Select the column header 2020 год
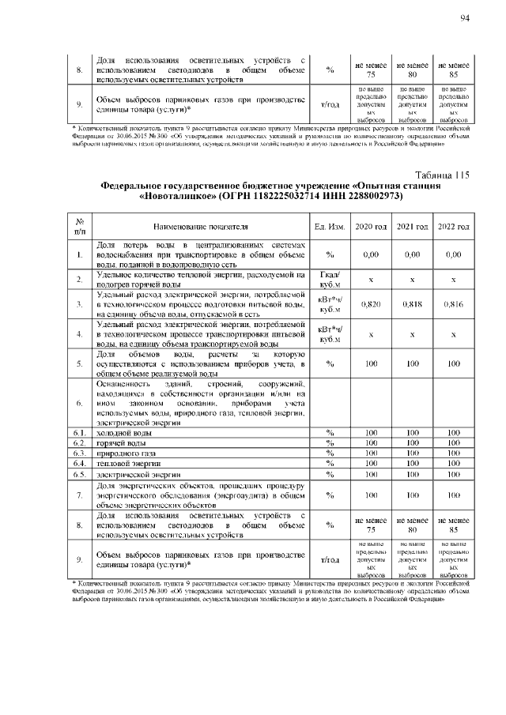click(x=370, y=227)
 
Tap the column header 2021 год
click(x=411, y=227)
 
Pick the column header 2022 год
click(x=453, y=227)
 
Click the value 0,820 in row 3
click(x=370, y=303)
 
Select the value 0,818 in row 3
click(x=411, y=303)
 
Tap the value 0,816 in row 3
click(x=453, y=303)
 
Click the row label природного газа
click(x=123, y=454)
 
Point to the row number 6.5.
click(x=80, y=475)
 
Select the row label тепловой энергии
click(x=125, y=465)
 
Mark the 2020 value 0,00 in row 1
click(x=370, y=255)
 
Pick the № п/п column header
click(x=80, y=227)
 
